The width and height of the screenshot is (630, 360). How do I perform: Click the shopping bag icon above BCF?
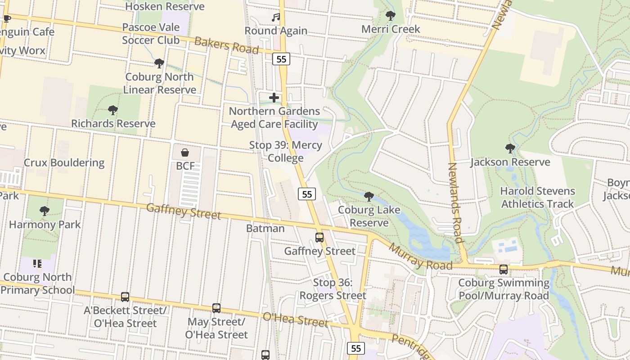(x=184, y=153)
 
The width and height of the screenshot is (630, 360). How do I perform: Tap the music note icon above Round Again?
(x=276, y=18)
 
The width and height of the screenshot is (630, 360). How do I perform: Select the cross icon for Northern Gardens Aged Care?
(x=274, y=97)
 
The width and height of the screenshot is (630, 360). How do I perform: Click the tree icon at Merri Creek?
(x=390, y=16)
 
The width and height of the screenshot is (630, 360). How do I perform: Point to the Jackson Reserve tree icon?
(x=510, y=148)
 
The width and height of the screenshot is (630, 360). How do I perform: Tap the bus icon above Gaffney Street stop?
(x=319, y=237)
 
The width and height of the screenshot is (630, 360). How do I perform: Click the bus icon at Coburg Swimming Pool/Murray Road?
(x=504, y=269)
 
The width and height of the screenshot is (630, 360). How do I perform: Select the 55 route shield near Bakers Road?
(x=281, y=59)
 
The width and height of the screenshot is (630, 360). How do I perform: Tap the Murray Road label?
(x=420, y=257)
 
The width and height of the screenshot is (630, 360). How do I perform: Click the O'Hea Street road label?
(x=295, y=319)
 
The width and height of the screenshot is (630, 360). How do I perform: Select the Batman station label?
(x=265, y=228)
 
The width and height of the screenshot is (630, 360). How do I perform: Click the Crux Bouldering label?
(x=64, y=162)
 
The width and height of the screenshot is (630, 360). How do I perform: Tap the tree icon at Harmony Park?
(x=44, y=210)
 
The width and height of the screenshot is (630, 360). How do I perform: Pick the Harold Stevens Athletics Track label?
(x=537, y=197)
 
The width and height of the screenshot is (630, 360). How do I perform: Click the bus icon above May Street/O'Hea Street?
(x=216, y=308)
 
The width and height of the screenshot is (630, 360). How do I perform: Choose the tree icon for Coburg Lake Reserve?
(x=369, y=196)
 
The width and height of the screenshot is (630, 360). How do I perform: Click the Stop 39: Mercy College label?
(x=286, y=152)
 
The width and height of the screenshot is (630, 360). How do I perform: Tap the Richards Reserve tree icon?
(x=113, y=109)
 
